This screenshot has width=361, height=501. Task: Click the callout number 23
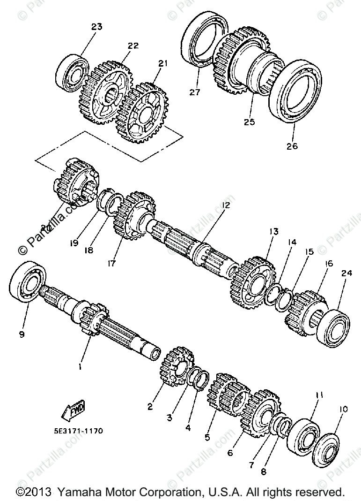[96, 27]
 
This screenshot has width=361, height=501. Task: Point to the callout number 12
[227, 205]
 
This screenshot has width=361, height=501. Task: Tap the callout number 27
[195, 92]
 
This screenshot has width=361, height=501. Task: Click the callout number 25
[249, 122]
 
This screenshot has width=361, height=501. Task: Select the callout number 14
[292, 243]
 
